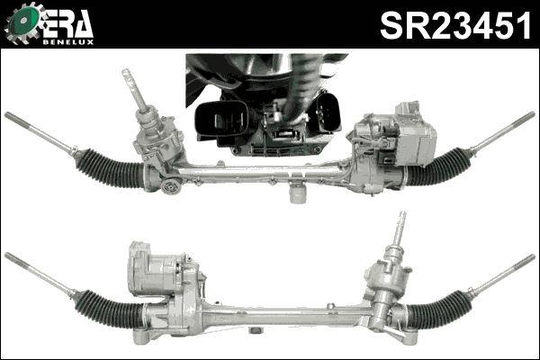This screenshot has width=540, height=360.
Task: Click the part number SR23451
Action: pos(454,26)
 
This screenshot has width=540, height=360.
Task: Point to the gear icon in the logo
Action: pos(23,24)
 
